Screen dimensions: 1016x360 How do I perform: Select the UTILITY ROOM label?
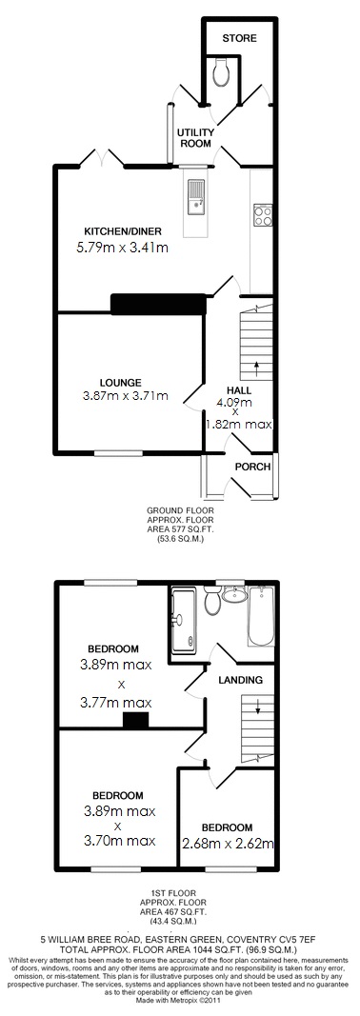point(194,138)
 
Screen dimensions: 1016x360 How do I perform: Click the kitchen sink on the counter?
point(197,195)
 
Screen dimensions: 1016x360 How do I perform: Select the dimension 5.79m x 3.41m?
point(122,249)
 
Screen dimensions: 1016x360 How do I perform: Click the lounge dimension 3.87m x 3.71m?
point(126,397)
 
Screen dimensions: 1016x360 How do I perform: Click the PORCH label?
point(252,467)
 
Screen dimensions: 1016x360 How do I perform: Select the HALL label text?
point(239,390)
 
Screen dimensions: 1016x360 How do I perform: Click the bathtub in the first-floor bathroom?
point(260,619)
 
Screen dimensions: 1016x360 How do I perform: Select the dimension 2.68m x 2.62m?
point(228,843)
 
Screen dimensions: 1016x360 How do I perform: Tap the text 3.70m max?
point(118,841)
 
